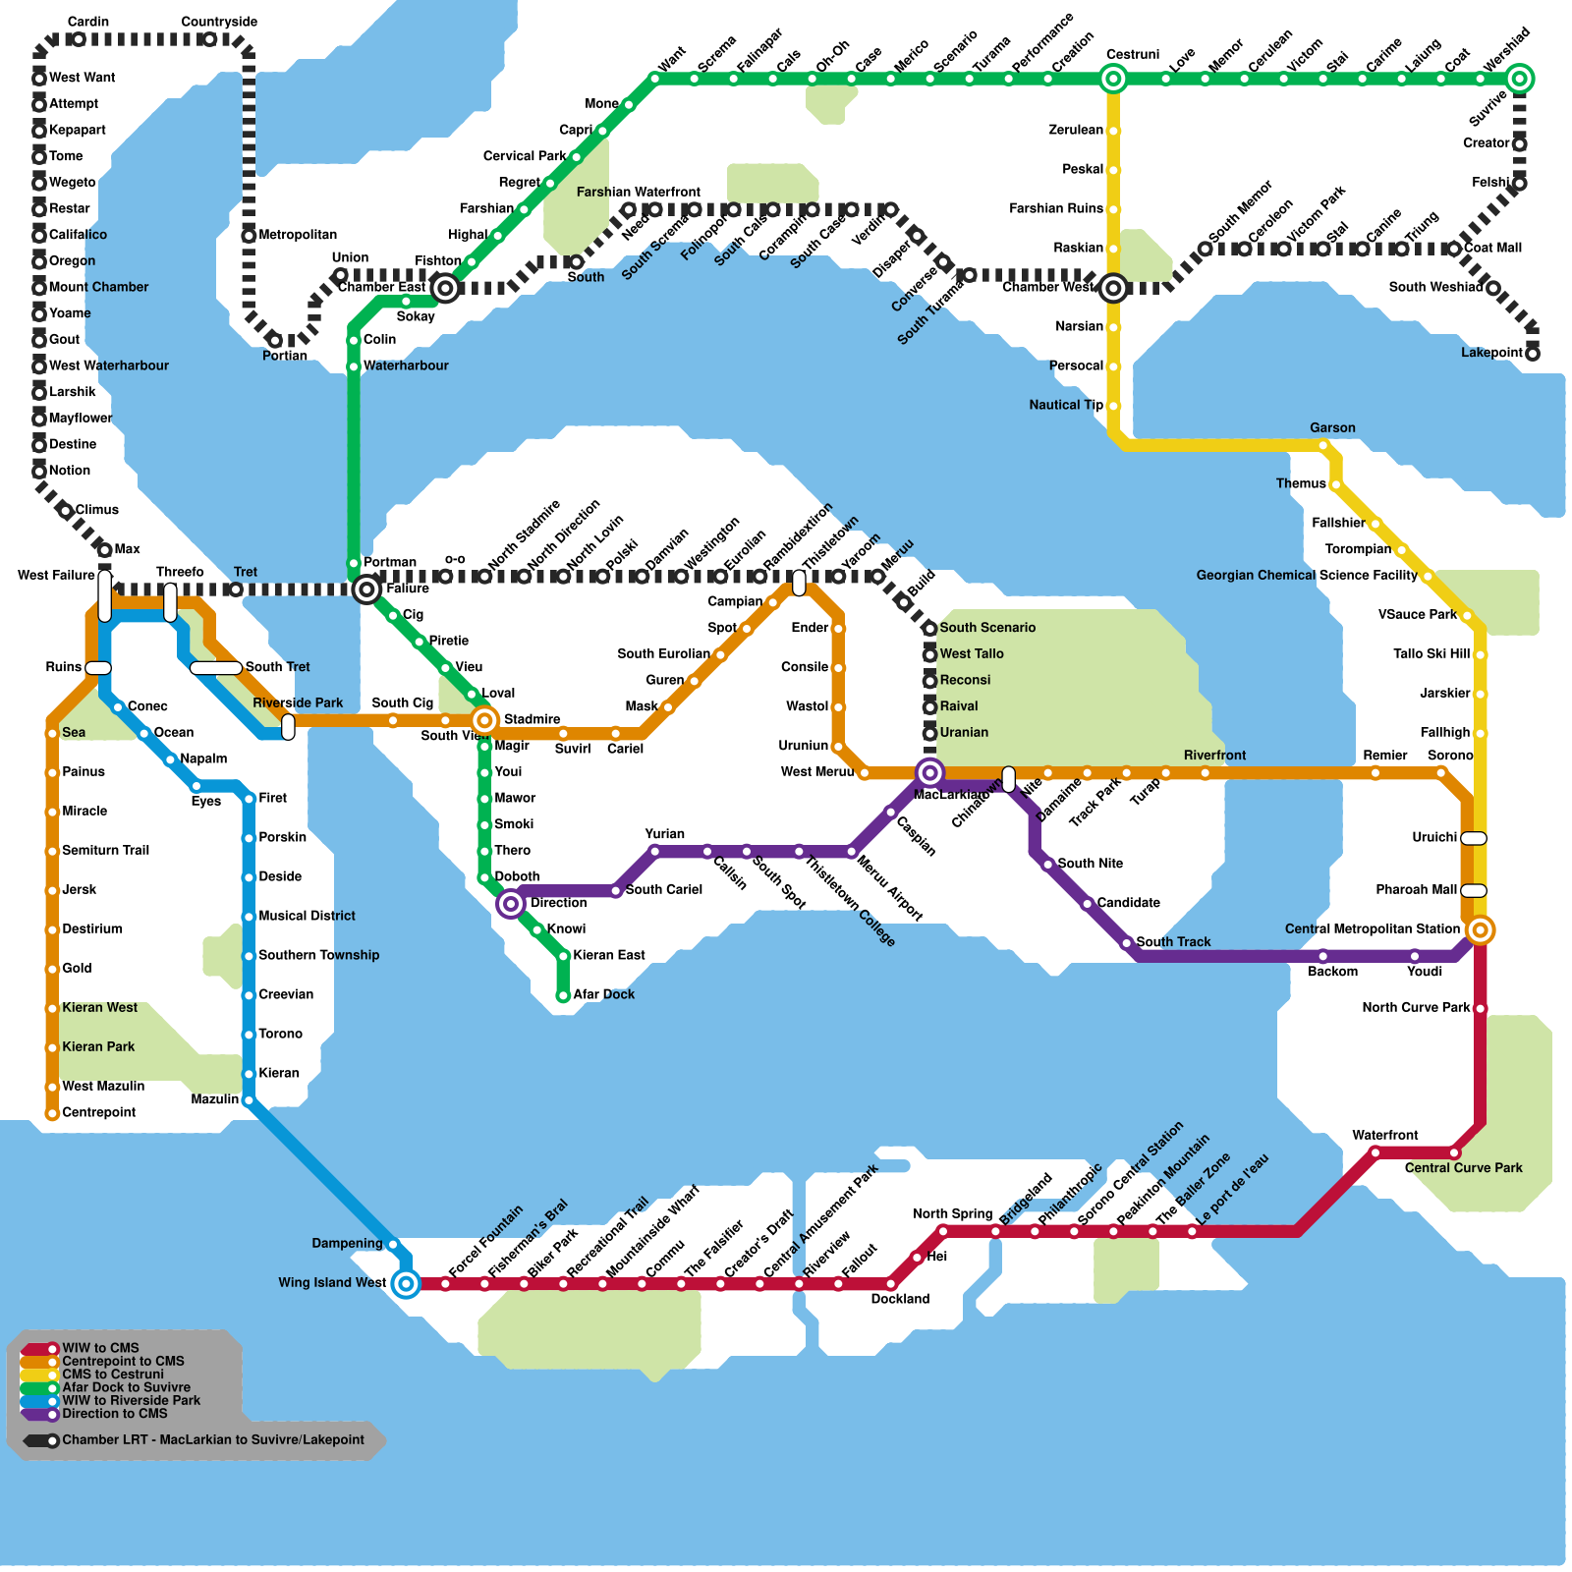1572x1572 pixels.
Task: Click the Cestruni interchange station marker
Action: coord(1113,79)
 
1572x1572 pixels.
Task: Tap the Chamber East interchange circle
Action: coord(445,288)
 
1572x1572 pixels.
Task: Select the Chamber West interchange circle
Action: coord(1113,288)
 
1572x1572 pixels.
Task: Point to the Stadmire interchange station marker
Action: coord(484,720)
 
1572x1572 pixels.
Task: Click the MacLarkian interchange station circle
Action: coord(929,773)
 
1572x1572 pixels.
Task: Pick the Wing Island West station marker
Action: coord(406,1283)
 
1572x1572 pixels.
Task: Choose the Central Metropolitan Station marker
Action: coord(1480,929)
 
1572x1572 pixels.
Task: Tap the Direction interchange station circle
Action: coord(511,904)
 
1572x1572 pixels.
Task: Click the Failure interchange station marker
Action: coord(366,589)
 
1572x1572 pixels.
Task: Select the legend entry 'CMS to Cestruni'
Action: coord(113,1375)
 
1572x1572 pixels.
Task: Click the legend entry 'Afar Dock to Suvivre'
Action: coord(126,1387)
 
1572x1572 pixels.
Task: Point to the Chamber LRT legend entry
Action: coord(212,1440)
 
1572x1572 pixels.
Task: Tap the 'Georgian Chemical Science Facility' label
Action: coord(1306,576)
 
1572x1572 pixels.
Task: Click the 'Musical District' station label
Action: coord(307,916)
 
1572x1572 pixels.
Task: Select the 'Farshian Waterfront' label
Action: coord(638,192)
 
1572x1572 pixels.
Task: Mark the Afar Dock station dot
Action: coord(563,995)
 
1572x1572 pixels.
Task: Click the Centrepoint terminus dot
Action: coord(52,1113)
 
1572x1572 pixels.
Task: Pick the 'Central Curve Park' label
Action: coord(1463,1168)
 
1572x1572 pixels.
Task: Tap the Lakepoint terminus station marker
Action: coord(1532,353)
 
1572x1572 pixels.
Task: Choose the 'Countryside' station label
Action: coord(219,22)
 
